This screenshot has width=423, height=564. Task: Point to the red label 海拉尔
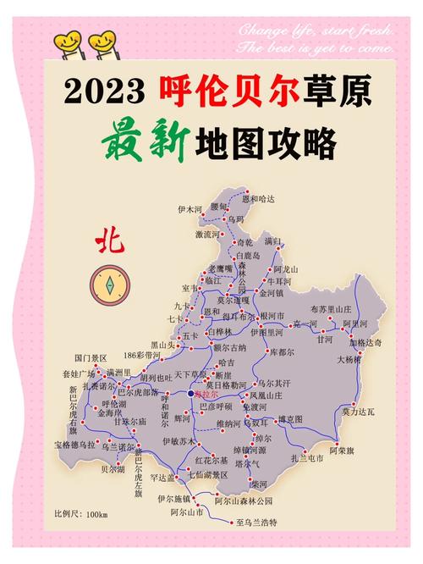[206, 395]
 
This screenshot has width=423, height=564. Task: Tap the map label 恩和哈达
[259, 198]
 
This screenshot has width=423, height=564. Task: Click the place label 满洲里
[118, 372]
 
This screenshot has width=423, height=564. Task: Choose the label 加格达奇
[365, 343]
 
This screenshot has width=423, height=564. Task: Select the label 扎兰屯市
[308, 458]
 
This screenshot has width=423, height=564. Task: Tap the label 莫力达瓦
[356, 412]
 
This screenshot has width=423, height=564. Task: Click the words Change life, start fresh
[316, 31]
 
